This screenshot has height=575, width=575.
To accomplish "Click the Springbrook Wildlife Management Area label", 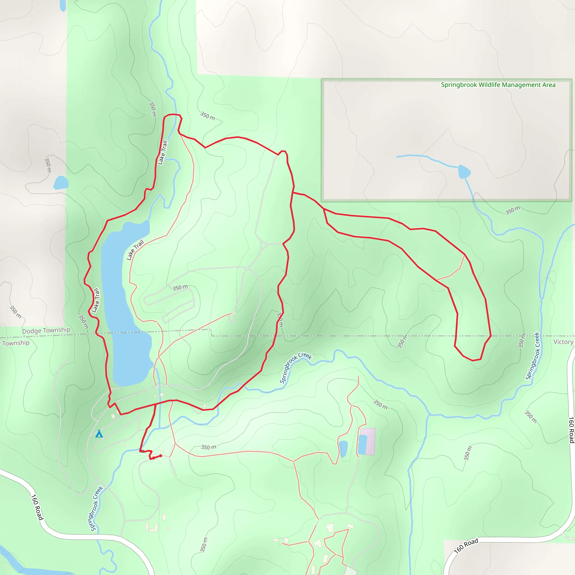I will tap(498, 85).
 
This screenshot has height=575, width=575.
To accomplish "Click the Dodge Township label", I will tap(46, 330).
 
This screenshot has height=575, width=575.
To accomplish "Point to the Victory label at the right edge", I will tap(563, 342).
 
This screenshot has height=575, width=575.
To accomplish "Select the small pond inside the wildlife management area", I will tap(464, 172).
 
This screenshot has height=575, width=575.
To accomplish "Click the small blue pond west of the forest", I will tap(61, 182).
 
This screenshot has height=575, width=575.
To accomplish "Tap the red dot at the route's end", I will tap(161, 456).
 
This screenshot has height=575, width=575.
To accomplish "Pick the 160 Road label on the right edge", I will tap(571, 430).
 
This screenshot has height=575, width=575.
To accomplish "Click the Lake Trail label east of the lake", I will tap(135, 250).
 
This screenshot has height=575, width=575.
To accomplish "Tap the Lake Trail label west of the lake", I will tap(95, 300).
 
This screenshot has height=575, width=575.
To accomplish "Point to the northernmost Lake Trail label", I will tap(163, 152).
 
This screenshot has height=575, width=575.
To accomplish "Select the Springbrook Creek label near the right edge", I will tap(532, 356).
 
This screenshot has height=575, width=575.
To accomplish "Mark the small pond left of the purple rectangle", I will tap(343, 448).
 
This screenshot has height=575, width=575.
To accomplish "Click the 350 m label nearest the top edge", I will tap(152, 109).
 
